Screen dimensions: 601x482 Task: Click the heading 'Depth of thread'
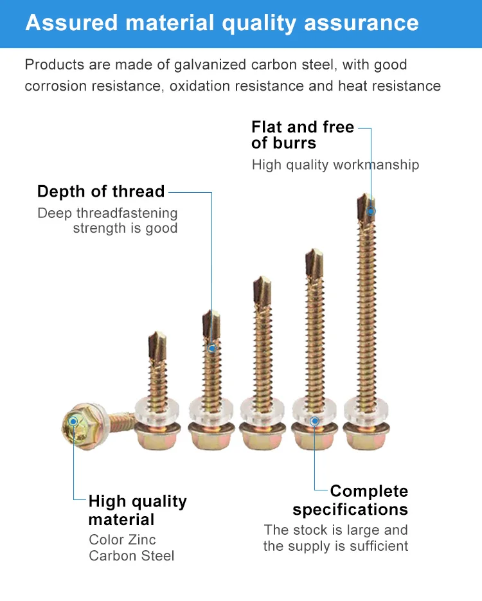[x=101, y=192]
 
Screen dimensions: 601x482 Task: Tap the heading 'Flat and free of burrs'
[x=303, y=135]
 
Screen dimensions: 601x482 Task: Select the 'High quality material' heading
[x=138, y=510]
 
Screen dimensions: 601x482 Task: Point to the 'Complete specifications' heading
[x=350, y=500]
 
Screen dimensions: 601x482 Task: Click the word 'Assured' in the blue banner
[x=71, y=23]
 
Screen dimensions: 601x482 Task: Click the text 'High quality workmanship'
[x=335, y=165]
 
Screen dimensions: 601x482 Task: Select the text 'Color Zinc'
[x=122, y=539]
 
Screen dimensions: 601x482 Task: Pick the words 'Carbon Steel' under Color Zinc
[x=131, y=555]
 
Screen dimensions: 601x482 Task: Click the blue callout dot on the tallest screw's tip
[x=371, y=210]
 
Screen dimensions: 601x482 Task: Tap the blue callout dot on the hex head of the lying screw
[x=73, y=421]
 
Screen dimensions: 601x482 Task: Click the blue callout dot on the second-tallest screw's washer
[x=314, y=421]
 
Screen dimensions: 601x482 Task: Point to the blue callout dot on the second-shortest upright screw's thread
[x=212, y=348]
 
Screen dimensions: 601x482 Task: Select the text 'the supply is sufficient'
[x=335, y=546]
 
